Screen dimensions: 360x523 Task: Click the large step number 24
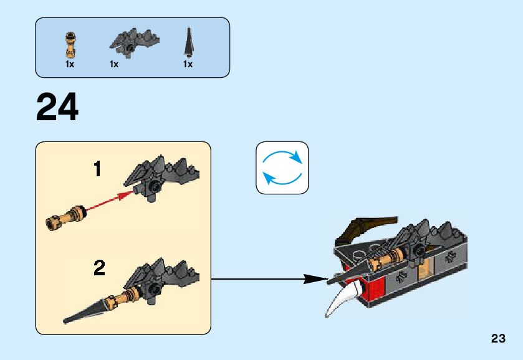[58, 108]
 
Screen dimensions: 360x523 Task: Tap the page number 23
[497, 339]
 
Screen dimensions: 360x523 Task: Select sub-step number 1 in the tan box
[98, 169]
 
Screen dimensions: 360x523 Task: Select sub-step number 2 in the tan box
[99, 268]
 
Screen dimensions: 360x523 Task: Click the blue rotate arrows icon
[282, 168]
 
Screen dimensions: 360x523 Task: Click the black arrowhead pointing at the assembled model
[315, 280]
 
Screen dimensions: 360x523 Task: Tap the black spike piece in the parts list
[187, 42]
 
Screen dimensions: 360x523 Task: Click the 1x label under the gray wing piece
[114, 64]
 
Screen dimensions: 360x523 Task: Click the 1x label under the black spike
[187, 64]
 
